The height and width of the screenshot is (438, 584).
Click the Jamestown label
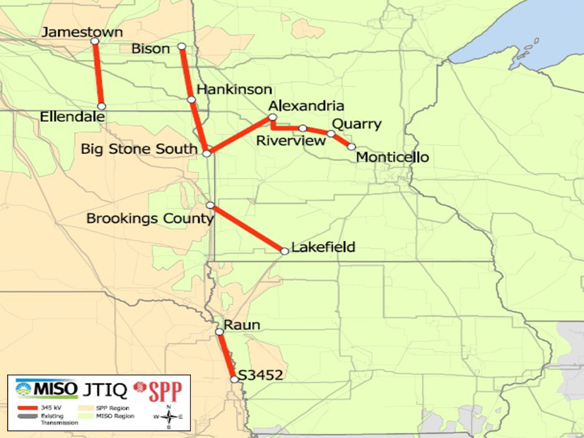pos(82,32)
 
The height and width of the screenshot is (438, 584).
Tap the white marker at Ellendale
pos(102,107)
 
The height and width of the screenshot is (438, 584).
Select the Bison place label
pos(151,49)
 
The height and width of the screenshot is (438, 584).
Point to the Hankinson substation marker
pos(192,100)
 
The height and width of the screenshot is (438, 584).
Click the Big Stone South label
pos(139,149)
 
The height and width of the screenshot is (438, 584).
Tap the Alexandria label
pos(306,106)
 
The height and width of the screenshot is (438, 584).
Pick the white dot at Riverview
pos(303,129)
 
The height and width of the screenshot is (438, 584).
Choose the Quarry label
pos(356,124)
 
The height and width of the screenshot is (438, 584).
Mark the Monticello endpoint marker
pos(351,147)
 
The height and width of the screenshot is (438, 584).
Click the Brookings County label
pos(150,219)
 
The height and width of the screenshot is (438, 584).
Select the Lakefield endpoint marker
pos(284,251)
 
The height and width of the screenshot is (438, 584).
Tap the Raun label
pos(242,325)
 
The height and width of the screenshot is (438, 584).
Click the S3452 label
pos(260,375)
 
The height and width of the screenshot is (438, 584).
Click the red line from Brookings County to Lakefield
pos(247,228)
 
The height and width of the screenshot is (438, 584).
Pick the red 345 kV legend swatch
pos(28,408)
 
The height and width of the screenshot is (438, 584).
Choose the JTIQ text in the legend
pos(104,390)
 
